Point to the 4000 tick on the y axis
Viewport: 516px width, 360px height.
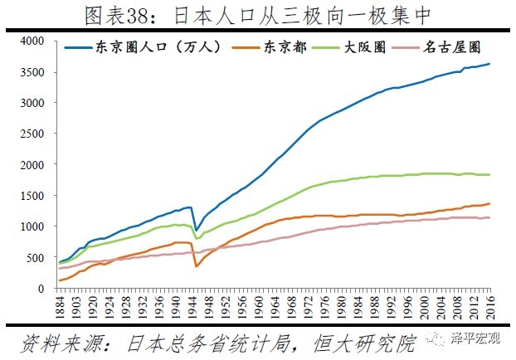point(33,41)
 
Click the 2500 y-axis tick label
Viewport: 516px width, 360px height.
point(33,134)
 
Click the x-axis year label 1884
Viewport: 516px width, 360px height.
point(61,309)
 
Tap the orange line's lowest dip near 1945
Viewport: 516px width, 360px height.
point(196,266)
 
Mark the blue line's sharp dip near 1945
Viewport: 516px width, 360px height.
point(197,230)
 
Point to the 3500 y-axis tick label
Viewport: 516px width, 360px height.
point(33,71)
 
